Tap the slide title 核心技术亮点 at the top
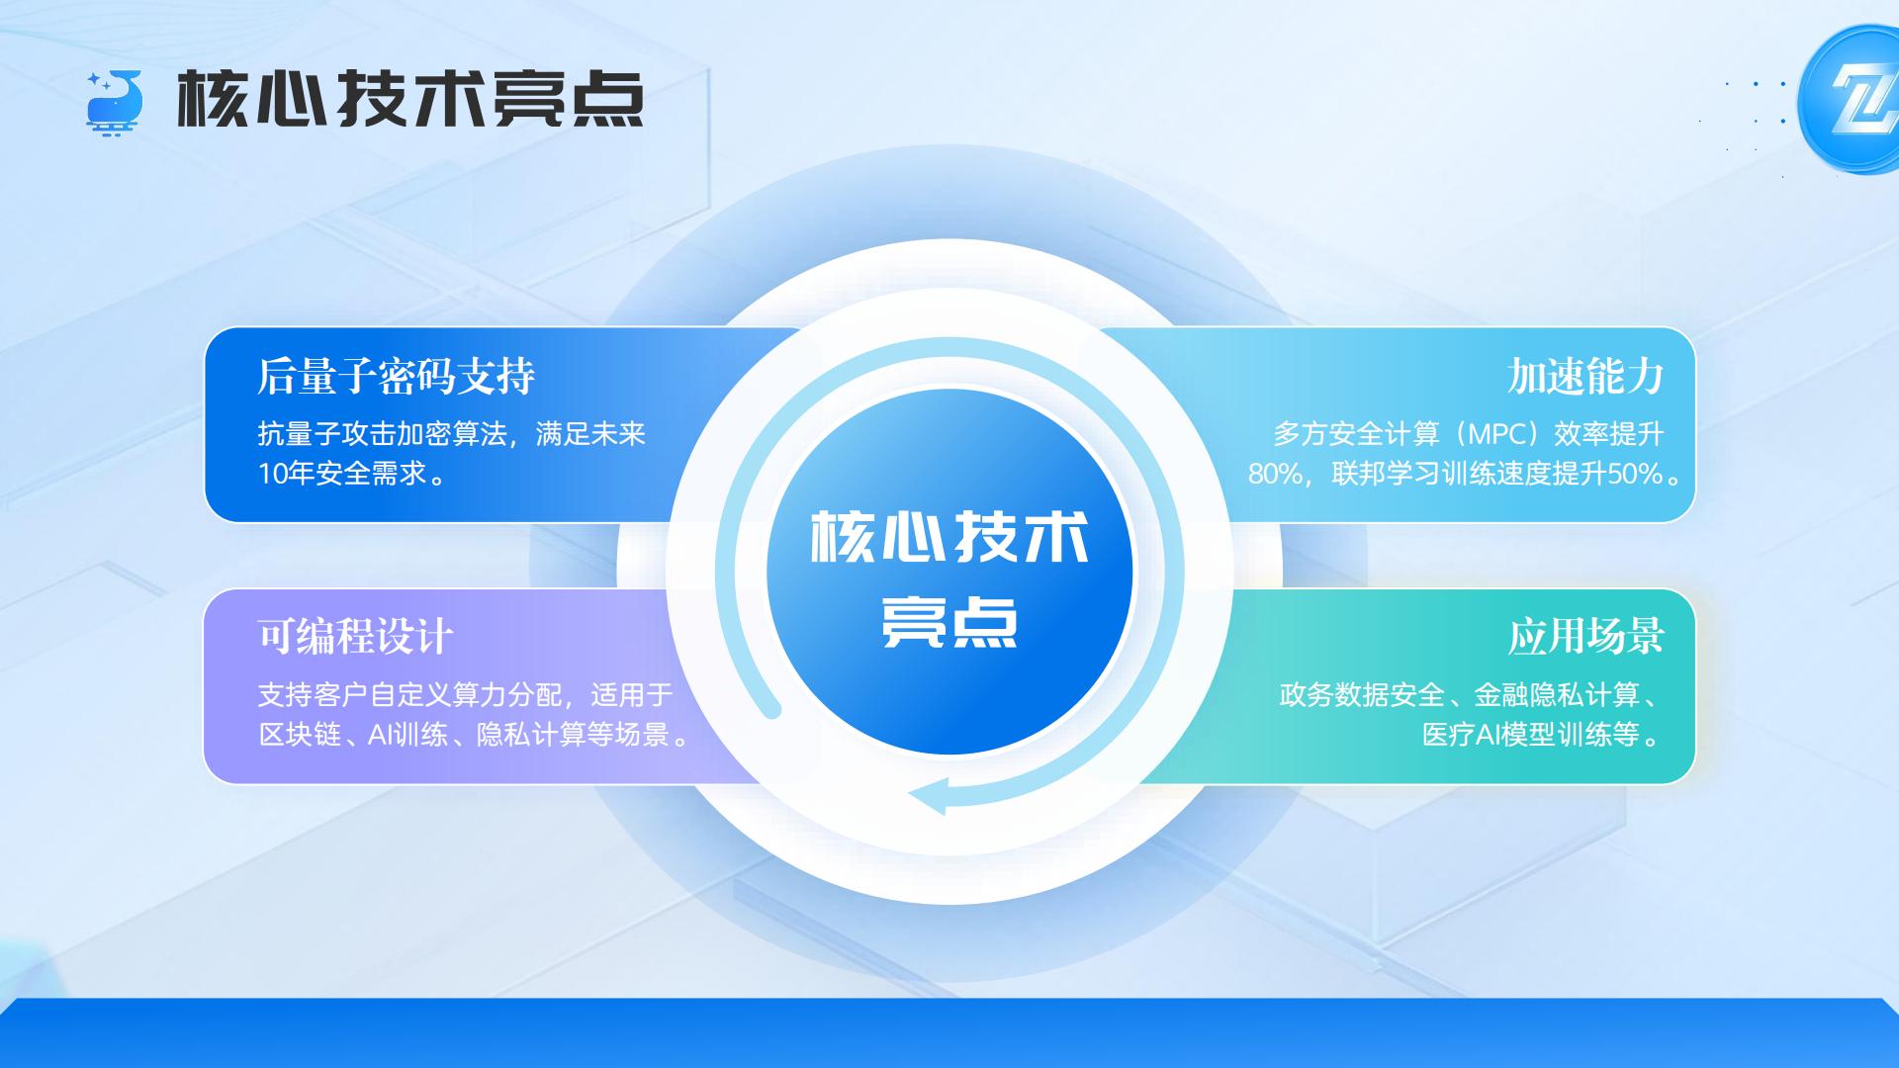pyautogui.click(x=410, y=100)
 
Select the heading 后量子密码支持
pyautogui.click(x=396, y=376)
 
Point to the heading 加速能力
pyautogui.click(x=1585, y=376)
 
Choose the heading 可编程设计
pyautogui.click(x=356, y=637)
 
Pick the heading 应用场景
pyautogui.click(x=1585, y=637)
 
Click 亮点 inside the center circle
pyautogui.click(x=949, y=621)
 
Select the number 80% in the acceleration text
pyautogui.click(x=1275, y=475)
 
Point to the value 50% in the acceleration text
pyautogui.click(x=1635, y=475)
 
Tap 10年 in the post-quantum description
pyautogui.click(x=286, y=474)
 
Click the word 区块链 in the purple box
pyautogui.click(x=300, y=735)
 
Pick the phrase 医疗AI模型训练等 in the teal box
pyautogui.click(x=1531, y=735)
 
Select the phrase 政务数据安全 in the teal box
pyautogui.click(x=1362, y=695)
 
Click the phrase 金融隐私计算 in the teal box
pyautogui.click(x=1556, y=695)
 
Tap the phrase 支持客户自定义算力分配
pyautogui.click(x=409, y=695)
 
